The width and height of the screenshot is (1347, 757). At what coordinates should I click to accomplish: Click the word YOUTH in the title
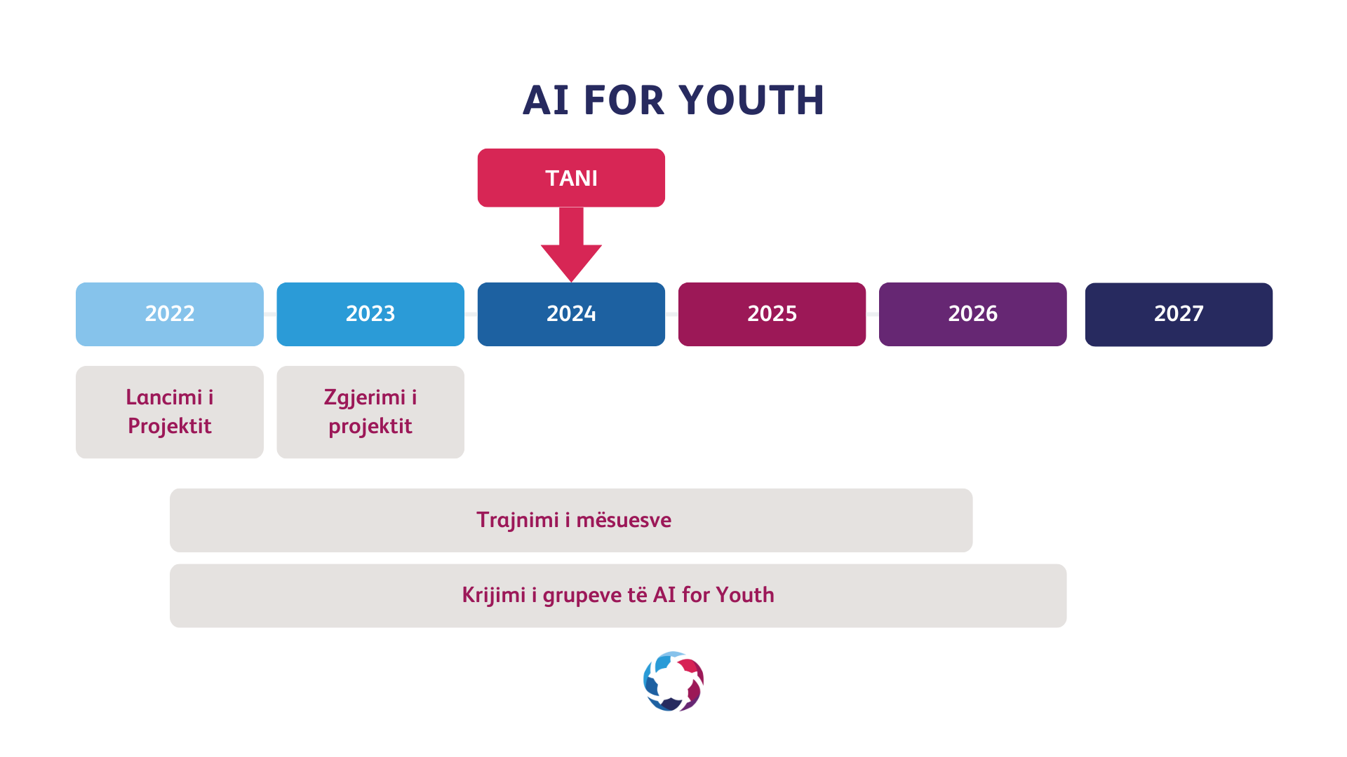[x=751, y=100]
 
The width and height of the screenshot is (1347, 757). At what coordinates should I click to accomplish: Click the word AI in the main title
[x=546, y=100]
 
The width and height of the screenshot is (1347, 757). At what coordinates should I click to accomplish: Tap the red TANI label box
[x=571, y=177]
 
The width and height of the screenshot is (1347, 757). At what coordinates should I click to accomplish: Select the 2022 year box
[x=170, y=314]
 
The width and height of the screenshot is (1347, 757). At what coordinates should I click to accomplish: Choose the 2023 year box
[x=370, y=314]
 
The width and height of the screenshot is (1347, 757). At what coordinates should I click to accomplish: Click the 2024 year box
[x=571, y=314]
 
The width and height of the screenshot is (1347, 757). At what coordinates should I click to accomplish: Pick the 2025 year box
[x=772, y=314]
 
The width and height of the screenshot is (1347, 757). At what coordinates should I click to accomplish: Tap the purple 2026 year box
[x=972, y=314]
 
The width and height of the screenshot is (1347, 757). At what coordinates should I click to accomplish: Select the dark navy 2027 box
[x=1179, y=314]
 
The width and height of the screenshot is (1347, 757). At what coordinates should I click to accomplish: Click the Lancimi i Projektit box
[x=170, y=412]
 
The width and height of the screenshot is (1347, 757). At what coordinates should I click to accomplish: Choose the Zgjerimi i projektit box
[x=370, y=412]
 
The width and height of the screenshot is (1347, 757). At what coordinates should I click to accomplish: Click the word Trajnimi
[x=518, y=521]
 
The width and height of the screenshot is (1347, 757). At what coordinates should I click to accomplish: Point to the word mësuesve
[x=624, y=521]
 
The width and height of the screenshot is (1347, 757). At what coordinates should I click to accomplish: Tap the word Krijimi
[x=494, y=596]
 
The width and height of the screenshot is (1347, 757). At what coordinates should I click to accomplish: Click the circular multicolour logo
[x=673, y=681]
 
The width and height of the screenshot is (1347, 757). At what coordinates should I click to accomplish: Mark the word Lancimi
[x=164, y=397]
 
